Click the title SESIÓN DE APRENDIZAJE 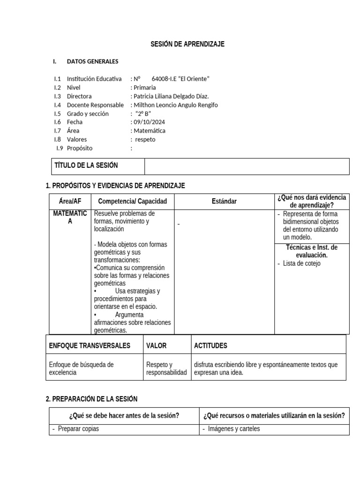187,44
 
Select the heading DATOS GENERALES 92,61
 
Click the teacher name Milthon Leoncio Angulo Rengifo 175,105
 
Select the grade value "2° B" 143,113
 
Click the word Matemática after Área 149,131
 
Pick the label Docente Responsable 95,105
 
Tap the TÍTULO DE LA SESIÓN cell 86,165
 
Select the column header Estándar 224,202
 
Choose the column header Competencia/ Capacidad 132,202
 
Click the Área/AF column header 70,202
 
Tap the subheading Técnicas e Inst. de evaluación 311,251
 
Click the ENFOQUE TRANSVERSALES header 90,346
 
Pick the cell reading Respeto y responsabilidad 166,368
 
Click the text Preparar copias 78,429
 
